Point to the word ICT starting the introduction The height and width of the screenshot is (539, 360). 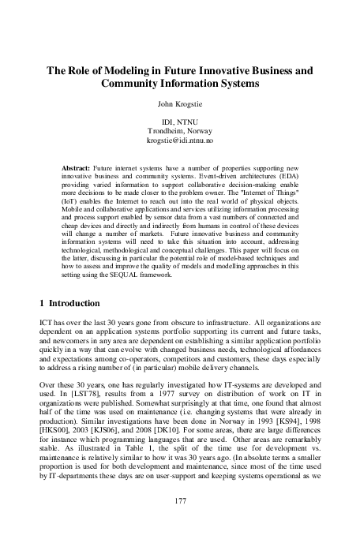click(47, 324)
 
